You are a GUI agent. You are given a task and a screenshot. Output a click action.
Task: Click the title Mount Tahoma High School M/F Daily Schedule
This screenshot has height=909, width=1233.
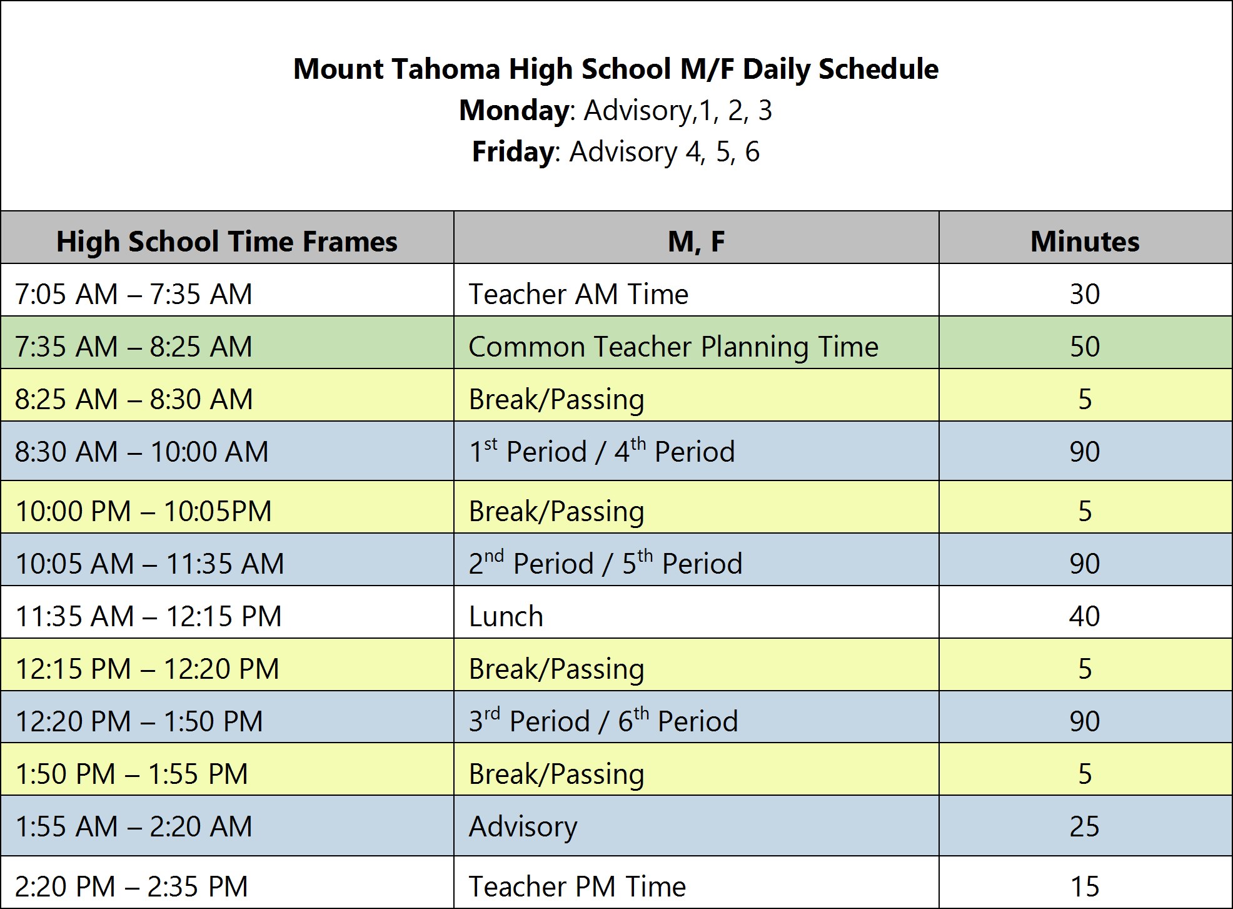pyautogui.click(x=616, y=69)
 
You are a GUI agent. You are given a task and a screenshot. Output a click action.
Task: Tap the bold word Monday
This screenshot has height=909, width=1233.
pyautogui.click(x=514, y=111)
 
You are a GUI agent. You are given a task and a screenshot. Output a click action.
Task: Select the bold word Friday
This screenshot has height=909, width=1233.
pyautogui.click(x=513, y=152)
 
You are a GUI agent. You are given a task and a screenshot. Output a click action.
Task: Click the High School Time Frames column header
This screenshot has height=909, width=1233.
pyautogui.click(x=227, y=241)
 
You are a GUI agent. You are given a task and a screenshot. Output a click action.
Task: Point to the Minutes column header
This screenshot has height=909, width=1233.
pyautogui.click(x=1085, y=241)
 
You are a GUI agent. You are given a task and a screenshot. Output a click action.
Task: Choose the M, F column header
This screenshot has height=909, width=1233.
pyautogui.click(x=696, y=241)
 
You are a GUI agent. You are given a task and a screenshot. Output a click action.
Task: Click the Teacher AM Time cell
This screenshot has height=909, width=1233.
pyautogui.click(x=578, y=294)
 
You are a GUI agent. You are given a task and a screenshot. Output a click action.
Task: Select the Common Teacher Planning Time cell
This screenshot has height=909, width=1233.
pyautogui.click(x=673, y=347)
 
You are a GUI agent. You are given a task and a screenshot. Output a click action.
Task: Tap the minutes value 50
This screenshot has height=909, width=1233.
pyautogui.click(x=1085, y=347)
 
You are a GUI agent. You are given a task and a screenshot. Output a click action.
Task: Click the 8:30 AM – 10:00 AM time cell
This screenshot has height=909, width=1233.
pyautogui.click(x=142, y=452)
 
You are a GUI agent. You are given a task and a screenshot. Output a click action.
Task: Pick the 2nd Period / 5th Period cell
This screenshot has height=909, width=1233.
pyautogui.click(x=605, y=563)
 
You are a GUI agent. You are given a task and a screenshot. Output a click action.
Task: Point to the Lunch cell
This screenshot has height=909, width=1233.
pyautogui.click(x=506, y=616)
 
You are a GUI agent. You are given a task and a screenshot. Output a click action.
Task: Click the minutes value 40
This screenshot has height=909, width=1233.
pyautogui.click(x=1085, y=616)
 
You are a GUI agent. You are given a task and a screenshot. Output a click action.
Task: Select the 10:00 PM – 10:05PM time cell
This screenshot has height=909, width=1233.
pyautogui.click(x=144, y=511)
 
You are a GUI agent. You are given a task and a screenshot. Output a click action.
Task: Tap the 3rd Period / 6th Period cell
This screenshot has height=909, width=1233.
pyautogui.click(x=603, y=721)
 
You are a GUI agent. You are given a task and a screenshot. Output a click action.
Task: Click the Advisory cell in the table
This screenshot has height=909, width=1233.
pyautogui.click(x=523, y=826)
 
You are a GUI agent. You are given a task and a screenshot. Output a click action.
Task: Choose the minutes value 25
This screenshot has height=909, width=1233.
pyautogui.click(x=1085, y=826)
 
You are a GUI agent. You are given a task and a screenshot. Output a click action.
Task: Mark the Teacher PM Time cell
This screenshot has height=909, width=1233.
pyautogui.click(x=577, y=886)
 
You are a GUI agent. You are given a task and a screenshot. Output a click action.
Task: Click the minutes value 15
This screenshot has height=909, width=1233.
pyautogui.click(x=1085, y=886)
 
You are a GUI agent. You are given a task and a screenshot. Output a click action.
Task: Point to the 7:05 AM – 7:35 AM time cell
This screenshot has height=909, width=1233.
pyautogui.click(x=134, y=294)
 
